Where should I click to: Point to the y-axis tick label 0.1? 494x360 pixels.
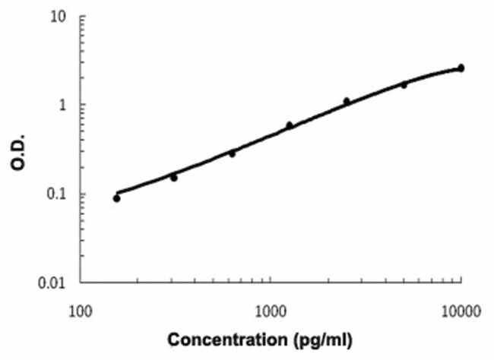click(x=59, y=194)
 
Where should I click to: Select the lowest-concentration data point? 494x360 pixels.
click(x=116, y=198)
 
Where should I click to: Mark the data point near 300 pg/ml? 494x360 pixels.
click(x=174, y=178)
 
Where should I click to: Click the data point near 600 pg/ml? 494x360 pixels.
click(x=232, y=153)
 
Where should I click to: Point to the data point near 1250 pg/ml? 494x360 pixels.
click(x=290, y=125)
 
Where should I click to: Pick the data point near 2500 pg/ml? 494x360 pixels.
click(x=347, y=101)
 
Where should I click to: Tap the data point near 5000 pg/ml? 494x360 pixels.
click(x=404, y=84)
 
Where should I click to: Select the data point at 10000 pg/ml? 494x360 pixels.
click(x=461, y=68)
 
